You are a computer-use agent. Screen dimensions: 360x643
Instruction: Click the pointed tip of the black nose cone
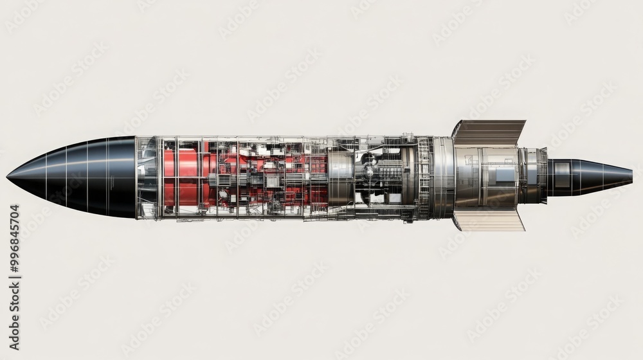click(8, 175)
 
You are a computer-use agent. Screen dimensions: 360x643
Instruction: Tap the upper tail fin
click(489, 131)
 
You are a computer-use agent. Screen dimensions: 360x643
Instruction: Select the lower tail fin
click(489, 220)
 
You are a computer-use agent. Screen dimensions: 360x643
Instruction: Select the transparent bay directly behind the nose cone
click(147, 177)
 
